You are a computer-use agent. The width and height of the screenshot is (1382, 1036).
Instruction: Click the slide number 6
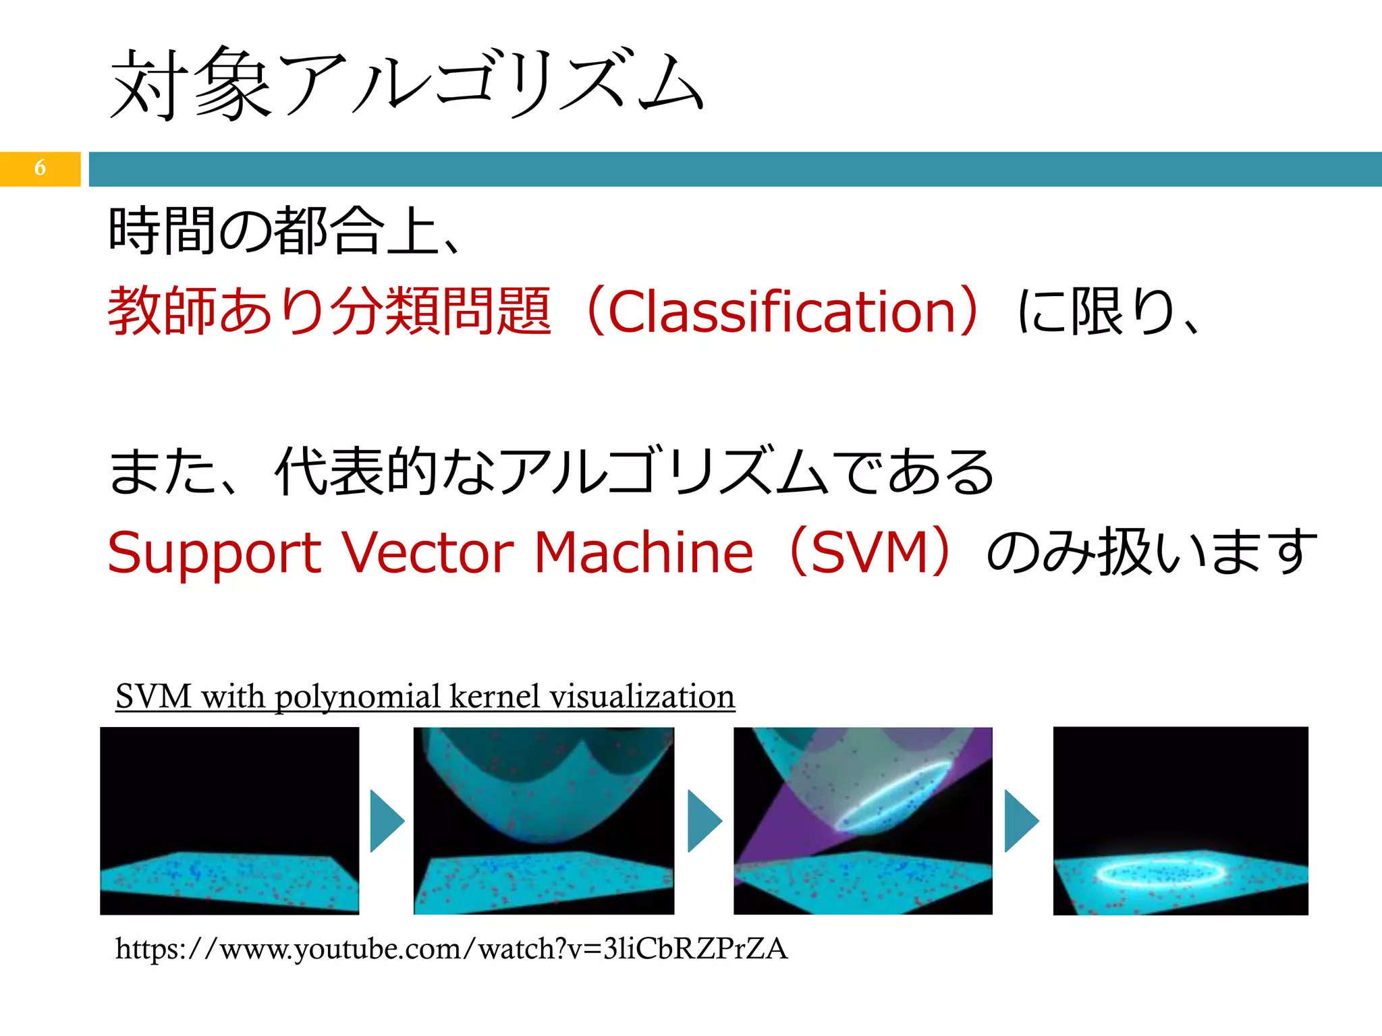[40, 167]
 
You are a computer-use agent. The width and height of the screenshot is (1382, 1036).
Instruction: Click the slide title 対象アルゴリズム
[407, 84]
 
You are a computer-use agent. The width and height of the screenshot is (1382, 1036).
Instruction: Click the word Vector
[427, 553]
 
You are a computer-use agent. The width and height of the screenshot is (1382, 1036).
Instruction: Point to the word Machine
[643, 553]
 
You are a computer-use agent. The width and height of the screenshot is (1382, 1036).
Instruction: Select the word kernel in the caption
[495, 696]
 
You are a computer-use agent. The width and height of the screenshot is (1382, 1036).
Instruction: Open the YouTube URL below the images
[451, 948]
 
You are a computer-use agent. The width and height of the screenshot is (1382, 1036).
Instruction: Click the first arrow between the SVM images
[387, 821]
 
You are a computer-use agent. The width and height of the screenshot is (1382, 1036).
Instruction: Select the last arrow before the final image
[1021, 821]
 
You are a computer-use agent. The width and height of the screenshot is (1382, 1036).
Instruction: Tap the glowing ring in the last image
[1161, 873]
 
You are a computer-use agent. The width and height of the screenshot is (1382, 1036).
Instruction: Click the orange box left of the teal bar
[40, 169]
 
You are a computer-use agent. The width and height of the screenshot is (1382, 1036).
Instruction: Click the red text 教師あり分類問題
[329, 312]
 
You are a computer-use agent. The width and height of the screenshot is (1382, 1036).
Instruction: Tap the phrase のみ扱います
[1151, 553]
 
